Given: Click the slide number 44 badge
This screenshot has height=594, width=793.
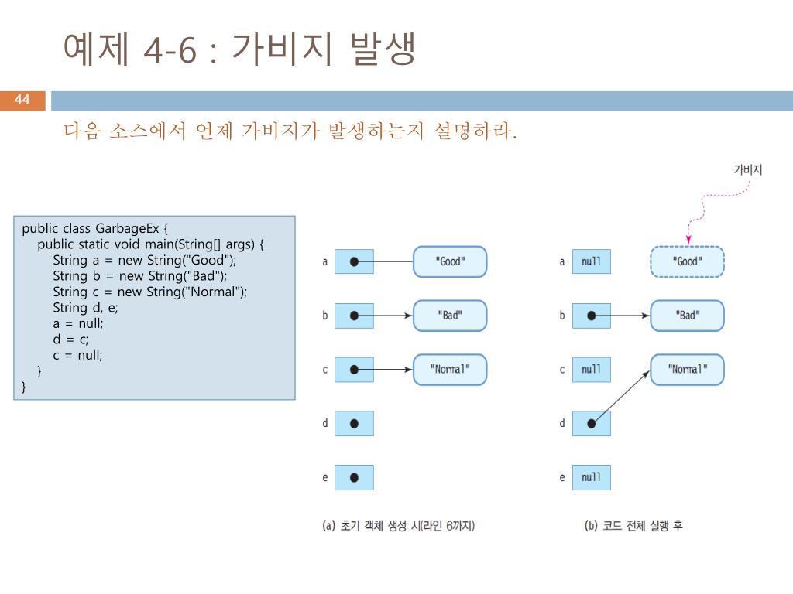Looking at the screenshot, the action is coord(22,101).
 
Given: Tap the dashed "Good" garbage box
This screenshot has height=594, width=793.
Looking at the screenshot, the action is coord(687,261).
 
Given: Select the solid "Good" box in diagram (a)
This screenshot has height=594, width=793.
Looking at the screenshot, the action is coord(450,261).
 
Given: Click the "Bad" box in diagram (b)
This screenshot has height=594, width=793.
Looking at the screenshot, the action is coord(687,316).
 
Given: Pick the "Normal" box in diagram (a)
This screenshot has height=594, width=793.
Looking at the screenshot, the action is coord(450,370).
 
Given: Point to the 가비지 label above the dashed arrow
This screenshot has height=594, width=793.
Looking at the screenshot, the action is coord(748,169).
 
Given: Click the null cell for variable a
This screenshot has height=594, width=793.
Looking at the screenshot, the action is coord(591,261).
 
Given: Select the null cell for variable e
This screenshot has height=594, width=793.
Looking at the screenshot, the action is coord(591,477).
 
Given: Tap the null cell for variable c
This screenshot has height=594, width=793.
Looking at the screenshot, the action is coord(591,370).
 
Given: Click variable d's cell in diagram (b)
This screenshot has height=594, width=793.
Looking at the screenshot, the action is coord(591,423).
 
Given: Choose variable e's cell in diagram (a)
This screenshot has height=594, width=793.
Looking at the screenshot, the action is coord(354,477).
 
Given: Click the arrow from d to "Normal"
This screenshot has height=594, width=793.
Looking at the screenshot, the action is coord(620,397).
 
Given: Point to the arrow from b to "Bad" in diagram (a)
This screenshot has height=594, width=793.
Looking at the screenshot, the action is coord(383,316).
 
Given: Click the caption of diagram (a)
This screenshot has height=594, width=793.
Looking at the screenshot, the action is coord(399,526).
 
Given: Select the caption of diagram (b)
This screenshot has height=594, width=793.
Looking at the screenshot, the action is coord(633,526).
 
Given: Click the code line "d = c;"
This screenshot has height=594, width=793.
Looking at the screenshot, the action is coord(70,340).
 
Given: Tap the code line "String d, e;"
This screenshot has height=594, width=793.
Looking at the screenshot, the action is coord(85,308).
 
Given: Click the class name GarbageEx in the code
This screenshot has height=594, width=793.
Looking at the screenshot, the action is coord(127,228).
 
